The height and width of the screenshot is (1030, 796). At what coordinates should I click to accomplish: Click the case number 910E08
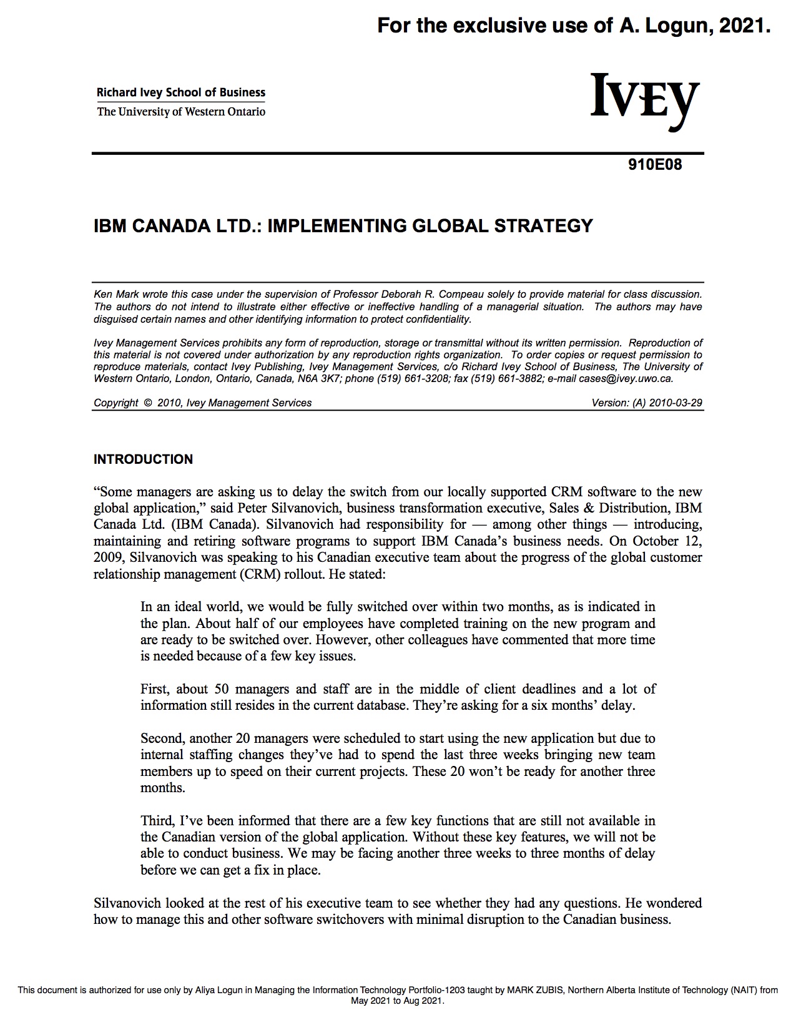[655, 165]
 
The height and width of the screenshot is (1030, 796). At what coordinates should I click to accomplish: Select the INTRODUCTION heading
[143, 459]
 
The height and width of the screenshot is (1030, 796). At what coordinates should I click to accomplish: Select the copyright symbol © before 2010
[147, 403]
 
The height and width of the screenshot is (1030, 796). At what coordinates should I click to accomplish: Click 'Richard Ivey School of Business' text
[180, 92]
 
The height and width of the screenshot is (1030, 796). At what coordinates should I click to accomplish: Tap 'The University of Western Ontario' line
[180, 112]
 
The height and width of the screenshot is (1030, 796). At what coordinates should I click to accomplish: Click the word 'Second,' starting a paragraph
[162, 738]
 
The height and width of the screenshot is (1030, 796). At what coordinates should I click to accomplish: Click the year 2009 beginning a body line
[109, 557]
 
